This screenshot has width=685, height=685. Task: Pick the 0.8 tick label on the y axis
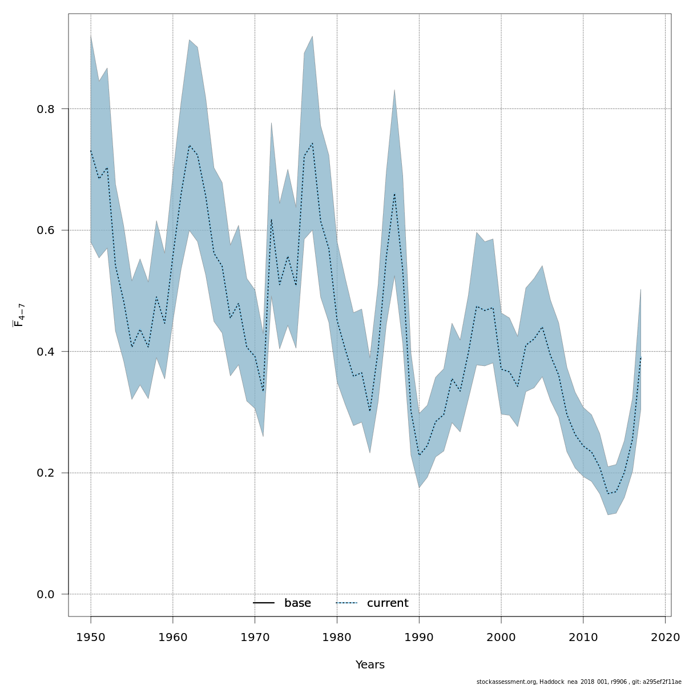click(45, 108)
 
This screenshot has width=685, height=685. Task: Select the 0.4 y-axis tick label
click(45, 352)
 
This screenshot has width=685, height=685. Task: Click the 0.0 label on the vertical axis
click(45, 594)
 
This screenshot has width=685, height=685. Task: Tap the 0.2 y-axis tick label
click(45, 473)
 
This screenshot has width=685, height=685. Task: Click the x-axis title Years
click(370, 665)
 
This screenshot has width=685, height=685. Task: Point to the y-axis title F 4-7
click(19, 315)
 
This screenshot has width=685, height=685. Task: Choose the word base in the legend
click(297, 603)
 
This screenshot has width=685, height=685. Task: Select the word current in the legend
click(388, 603)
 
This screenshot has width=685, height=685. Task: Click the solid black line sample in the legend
click(264, 603)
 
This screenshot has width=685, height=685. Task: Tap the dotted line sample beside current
click(346, 603)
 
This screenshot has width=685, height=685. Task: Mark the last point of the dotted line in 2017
click(640, 357)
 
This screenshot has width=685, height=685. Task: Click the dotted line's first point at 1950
click(91, 151)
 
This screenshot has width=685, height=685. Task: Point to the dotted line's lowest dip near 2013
click(608, 494)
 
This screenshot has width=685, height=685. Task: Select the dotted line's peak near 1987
click(394, 194)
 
